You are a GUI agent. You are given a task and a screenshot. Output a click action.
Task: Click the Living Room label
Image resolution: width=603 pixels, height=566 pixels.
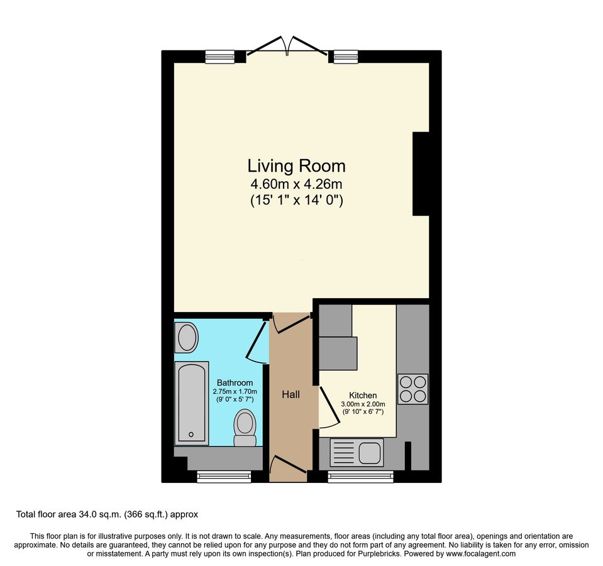point(296,166)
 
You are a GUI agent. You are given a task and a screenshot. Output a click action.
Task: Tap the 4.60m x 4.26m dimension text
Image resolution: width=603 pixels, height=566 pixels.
point(296,184)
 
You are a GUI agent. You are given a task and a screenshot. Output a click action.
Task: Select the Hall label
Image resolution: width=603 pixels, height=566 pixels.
point(290,394)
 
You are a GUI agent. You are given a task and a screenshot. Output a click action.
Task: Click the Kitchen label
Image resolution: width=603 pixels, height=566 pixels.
point(363,396)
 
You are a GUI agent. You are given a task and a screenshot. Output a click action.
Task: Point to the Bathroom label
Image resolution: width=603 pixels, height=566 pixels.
point(235,383)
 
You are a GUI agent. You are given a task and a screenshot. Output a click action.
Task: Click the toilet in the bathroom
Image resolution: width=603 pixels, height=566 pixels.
point(245,428)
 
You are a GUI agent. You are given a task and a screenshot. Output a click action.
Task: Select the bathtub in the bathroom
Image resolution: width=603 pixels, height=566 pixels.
point(192,403)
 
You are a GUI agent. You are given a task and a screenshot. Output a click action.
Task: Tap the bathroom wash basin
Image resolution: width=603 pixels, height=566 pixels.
point(187,337)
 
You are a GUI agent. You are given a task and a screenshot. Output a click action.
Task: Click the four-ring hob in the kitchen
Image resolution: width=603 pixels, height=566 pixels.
point(412,389)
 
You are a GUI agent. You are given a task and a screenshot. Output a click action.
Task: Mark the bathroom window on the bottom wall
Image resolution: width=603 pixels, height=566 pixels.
point(224,477)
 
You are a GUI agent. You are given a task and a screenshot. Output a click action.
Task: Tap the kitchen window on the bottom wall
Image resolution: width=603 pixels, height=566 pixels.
point(361,477)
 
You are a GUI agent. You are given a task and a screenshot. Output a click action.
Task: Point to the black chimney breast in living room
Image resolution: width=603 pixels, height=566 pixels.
point(421,174)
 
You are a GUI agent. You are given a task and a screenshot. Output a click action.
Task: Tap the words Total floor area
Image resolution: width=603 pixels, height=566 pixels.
point(46,514)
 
